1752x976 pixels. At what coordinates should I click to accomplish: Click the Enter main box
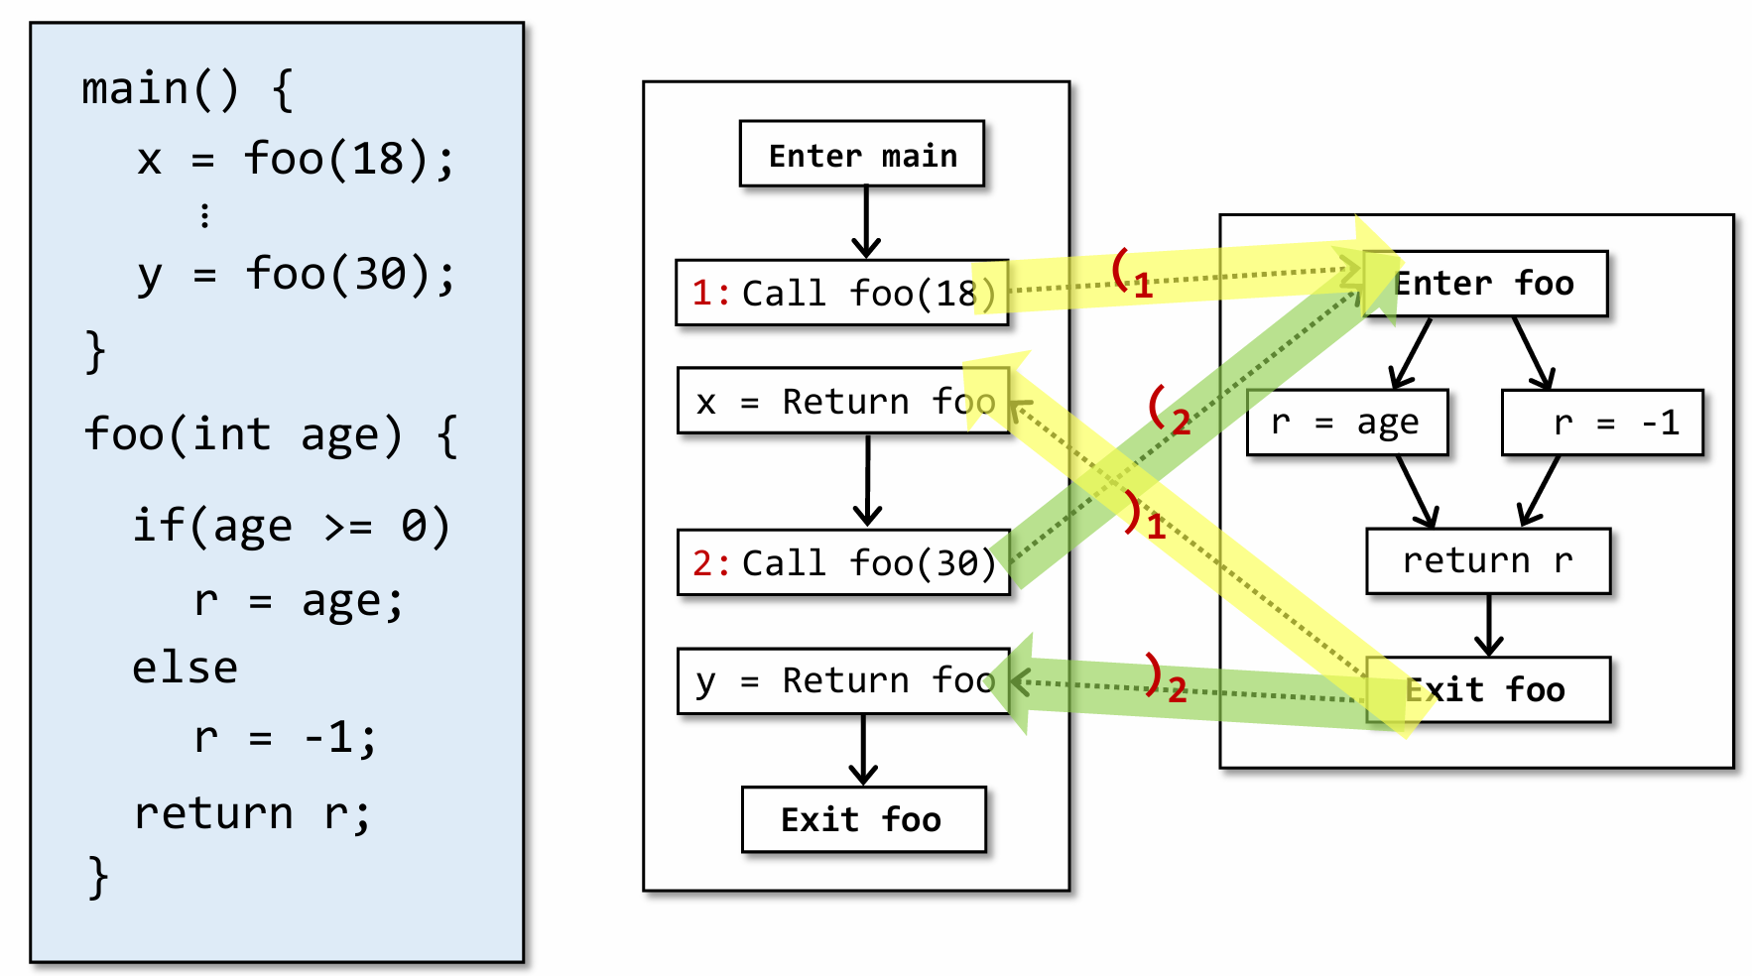coord(861,155)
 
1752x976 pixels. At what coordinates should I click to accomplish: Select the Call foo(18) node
coord(841,293)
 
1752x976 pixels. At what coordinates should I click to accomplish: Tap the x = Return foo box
coord(842,402)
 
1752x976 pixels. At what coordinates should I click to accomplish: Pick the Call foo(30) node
coord(843,562)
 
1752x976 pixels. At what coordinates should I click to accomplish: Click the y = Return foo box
coord(842,680)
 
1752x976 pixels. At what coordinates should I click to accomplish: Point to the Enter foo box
coord(1484,284)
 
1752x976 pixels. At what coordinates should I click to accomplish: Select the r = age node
coord(1346,423)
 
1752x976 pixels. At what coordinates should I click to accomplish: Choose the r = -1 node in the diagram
coord(1602,423)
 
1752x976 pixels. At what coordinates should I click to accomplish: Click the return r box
coord(1487,561)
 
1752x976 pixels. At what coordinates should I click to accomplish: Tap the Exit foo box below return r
coord(1487,689)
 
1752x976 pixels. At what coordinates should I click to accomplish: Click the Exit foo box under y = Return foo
coord(863,819)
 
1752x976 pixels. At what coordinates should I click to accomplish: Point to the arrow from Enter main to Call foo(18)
coord(866,222)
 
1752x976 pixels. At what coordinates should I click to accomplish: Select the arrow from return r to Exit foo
coord(1488,625)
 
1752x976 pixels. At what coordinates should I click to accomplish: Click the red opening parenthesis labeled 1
coord(1121,268)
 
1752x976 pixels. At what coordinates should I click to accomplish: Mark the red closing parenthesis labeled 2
coord(1153,672)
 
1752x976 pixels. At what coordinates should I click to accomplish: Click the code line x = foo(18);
coord(295,159)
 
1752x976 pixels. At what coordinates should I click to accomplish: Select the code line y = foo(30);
coord(296,274)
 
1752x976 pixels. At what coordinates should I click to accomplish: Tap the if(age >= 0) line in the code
coord(292,525)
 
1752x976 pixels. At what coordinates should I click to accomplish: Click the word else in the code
coord(185,668)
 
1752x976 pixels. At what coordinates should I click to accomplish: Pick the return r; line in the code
coord(252,813)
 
